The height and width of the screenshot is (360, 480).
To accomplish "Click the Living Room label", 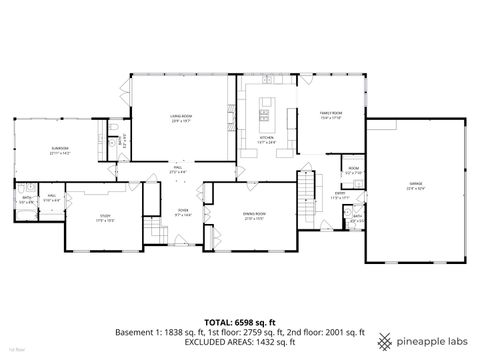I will [179, 120].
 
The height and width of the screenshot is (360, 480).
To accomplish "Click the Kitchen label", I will [266, 139].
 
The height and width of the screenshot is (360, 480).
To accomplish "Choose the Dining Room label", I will [254, 214].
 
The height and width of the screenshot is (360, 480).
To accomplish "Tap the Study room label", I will [104, 217].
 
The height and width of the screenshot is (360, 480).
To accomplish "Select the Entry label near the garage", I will [339, 197].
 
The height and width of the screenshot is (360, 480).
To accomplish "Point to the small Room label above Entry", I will [353, 169].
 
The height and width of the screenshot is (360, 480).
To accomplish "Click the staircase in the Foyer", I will [154, 231].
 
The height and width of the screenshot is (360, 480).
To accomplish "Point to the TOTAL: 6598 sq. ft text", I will [239, 322].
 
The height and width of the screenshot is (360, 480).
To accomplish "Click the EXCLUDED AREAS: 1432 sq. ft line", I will [239, 341].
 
